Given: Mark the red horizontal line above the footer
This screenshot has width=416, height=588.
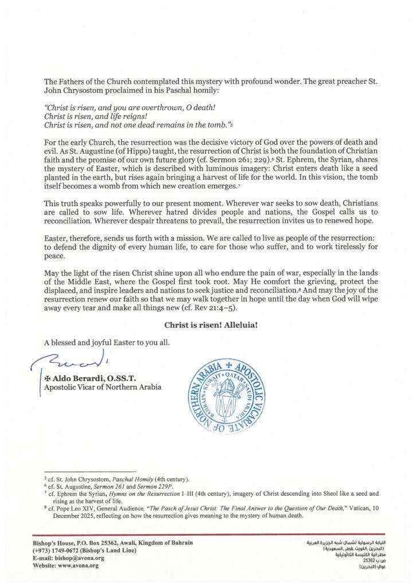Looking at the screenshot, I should [208, 535].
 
